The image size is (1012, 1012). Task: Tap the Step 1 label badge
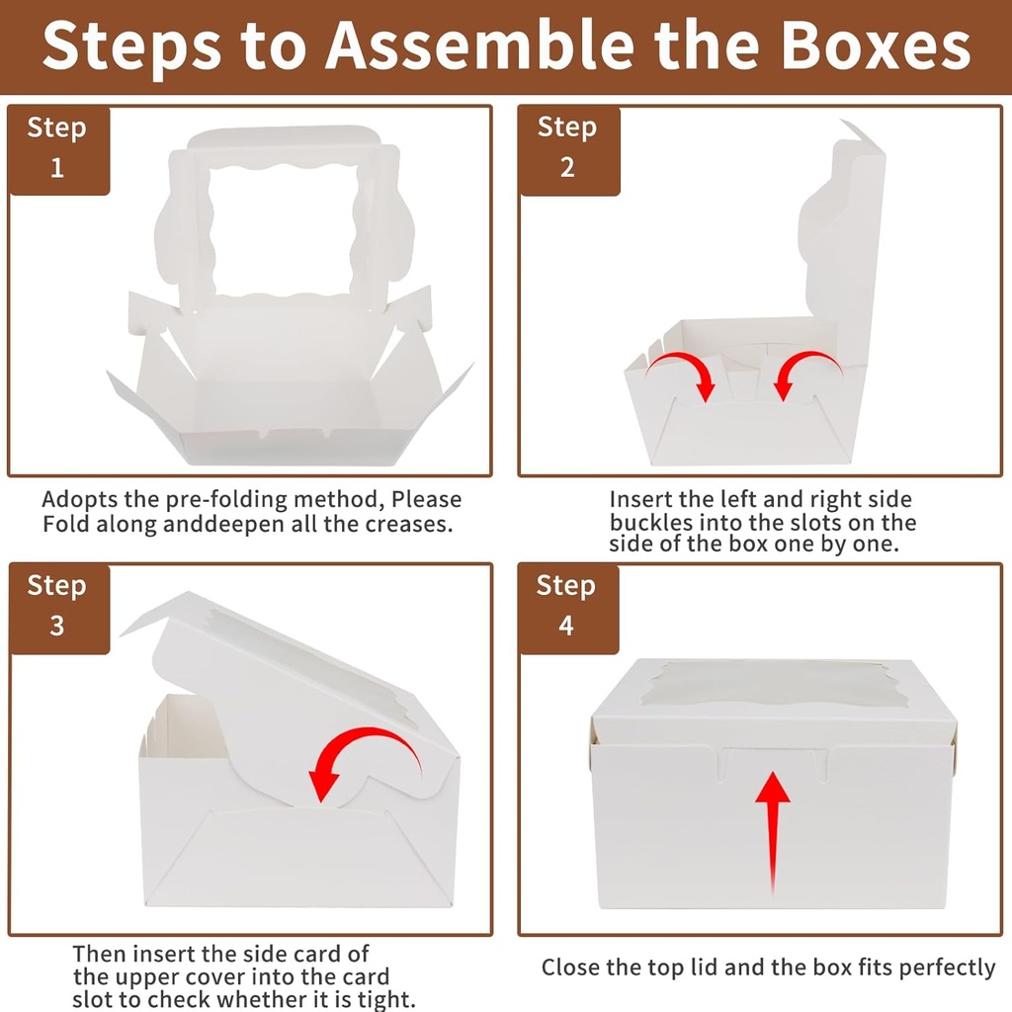point(57,147)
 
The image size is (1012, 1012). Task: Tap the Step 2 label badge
point(567,147)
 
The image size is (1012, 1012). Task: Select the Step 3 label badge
point(57,605)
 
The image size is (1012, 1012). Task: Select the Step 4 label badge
point(567,605)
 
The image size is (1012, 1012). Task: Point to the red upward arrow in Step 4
point(773,830)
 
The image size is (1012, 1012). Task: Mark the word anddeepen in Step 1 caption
point(220,525)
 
